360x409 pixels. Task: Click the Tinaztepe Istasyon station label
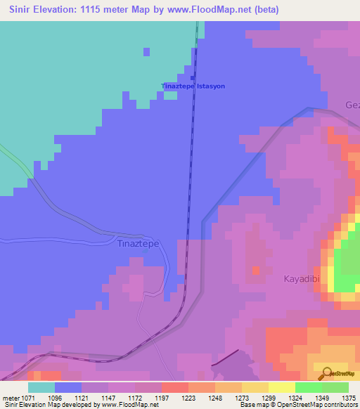click(193, 86)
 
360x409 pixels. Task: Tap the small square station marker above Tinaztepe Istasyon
click(192, 77)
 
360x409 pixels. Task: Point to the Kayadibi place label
click(302, 279)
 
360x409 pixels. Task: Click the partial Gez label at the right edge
click(352, 105)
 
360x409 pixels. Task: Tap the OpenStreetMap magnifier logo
click(328, 373)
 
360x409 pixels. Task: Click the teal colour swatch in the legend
click(41, 387)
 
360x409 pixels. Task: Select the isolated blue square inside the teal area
click(146, 52)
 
